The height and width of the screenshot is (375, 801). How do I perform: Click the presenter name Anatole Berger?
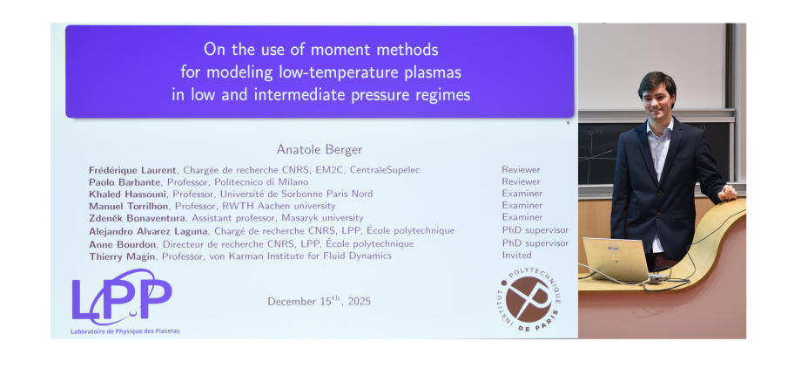click(320, 149)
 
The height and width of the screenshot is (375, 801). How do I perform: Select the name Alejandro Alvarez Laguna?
click(148, 231)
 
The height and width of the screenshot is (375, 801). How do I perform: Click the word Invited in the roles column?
click(516, 256)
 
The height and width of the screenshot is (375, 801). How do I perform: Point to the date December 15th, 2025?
click(319, 301)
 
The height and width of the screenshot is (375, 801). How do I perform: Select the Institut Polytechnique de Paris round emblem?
click(528, 297)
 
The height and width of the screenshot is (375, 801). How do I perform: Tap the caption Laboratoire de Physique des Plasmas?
click(125, 331)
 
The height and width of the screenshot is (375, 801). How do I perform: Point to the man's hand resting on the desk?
click(727, 193)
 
